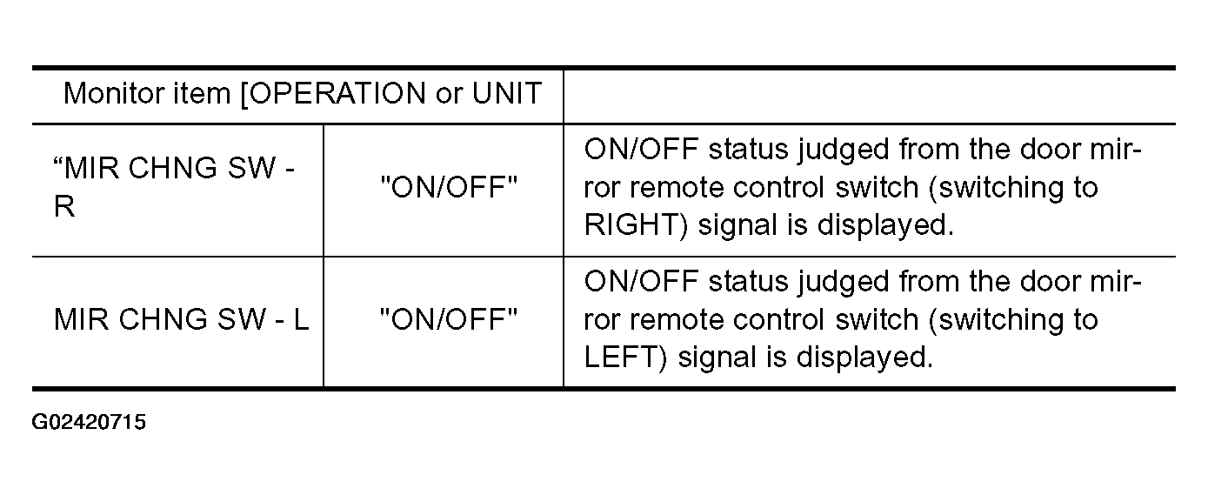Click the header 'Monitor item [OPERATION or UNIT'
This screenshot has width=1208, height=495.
pos(302,94)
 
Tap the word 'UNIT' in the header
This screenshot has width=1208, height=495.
pos(506,93)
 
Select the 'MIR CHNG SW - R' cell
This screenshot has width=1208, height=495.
pos(174,186)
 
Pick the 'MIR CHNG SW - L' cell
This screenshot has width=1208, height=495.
pos(181,319)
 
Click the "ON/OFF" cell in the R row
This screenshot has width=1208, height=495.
pos(449,186)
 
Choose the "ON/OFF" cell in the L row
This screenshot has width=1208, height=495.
pos(449,318)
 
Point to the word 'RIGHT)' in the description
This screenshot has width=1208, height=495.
pos(637,225)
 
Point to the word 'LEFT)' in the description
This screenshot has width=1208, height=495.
pos(626,358)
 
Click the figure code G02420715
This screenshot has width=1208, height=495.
pos(89,422)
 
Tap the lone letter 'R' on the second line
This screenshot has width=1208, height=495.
pos(64,206)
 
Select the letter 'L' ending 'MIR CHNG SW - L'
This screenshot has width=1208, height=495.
pos(302,319)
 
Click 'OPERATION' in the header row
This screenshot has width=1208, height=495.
pos(337,94)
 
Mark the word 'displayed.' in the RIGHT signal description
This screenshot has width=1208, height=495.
pos(886,225)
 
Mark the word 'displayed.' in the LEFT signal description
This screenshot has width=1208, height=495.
pos(865,358)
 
